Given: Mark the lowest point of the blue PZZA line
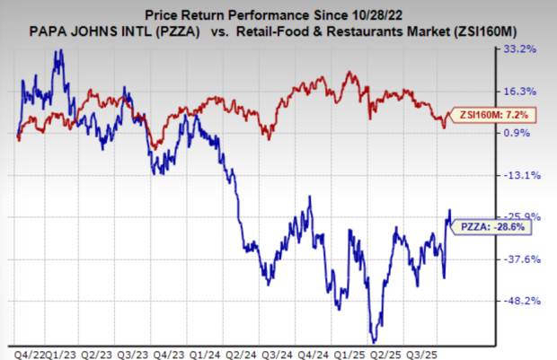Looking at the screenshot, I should (x=373, y=339).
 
